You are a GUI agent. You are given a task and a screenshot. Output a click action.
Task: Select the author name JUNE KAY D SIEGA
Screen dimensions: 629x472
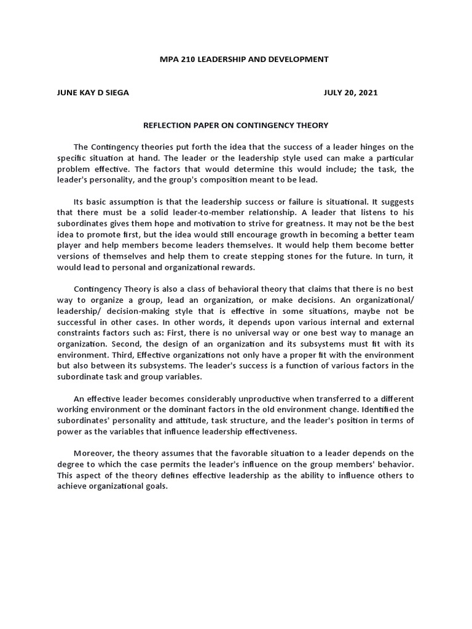(x=93, y=93)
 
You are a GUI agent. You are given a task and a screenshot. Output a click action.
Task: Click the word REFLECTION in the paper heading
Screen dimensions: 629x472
(x=168, y=125)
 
